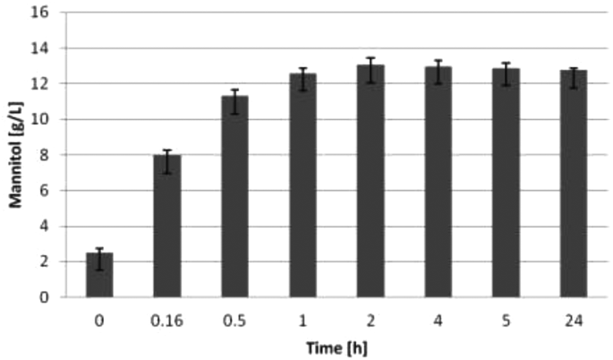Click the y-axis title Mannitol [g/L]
pos(16,155)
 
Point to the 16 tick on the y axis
pos(41,13)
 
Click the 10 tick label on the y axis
pos(41,119)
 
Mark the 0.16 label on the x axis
pos(167,316)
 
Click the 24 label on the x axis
pos(574,316)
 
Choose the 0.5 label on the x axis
pos(234,316)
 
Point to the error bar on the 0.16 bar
pos(167,155)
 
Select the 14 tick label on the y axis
pos(41,48)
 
